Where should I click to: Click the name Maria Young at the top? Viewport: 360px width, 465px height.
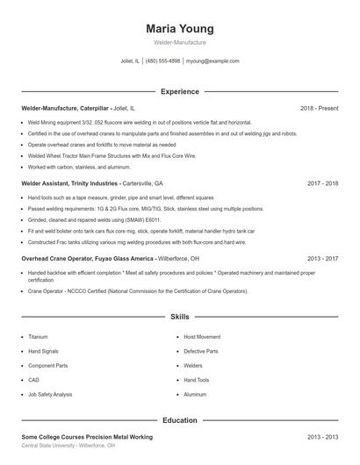pos(179,28)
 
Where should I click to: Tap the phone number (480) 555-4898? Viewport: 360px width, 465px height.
pos(162,61)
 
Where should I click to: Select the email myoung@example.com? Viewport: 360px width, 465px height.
pos(212,61)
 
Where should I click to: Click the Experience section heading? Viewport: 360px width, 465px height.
pos(179,91)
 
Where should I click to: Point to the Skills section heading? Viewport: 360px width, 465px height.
pos(179,316)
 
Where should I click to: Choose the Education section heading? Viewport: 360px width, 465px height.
pos(179,420)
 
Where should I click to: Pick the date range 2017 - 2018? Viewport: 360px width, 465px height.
pos(322,184)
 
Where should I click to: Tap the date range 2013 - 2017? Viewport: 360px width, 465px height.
pos(322,259)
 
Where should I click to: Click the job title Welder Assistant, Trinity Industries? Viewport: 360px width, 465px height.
pos(69,184)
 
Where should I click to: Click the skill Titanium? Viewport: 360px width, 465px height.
pos(38,336)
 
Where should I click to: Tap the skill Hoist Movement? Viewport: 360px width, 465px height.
pos(202,336)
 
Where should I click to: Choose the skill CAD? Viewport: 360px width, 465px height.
pos(33,380)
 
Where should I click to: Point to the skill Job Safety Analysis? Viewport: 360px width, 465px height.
pos(50,395)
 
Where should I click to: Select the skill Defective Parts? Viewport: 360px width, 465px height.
pos(200,351)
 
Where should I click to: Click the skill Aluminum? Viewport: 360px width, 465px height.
pos(195,395)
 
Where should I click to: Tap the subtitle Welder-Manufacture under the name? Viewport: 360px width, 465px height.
pos(179,42)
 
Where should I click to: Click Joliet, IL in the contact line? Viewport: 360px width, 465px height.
pos(130,61)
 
